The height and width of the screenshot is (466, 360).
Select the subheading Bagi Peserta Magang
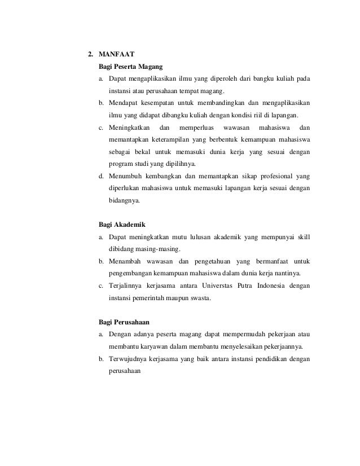(130, 66)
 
